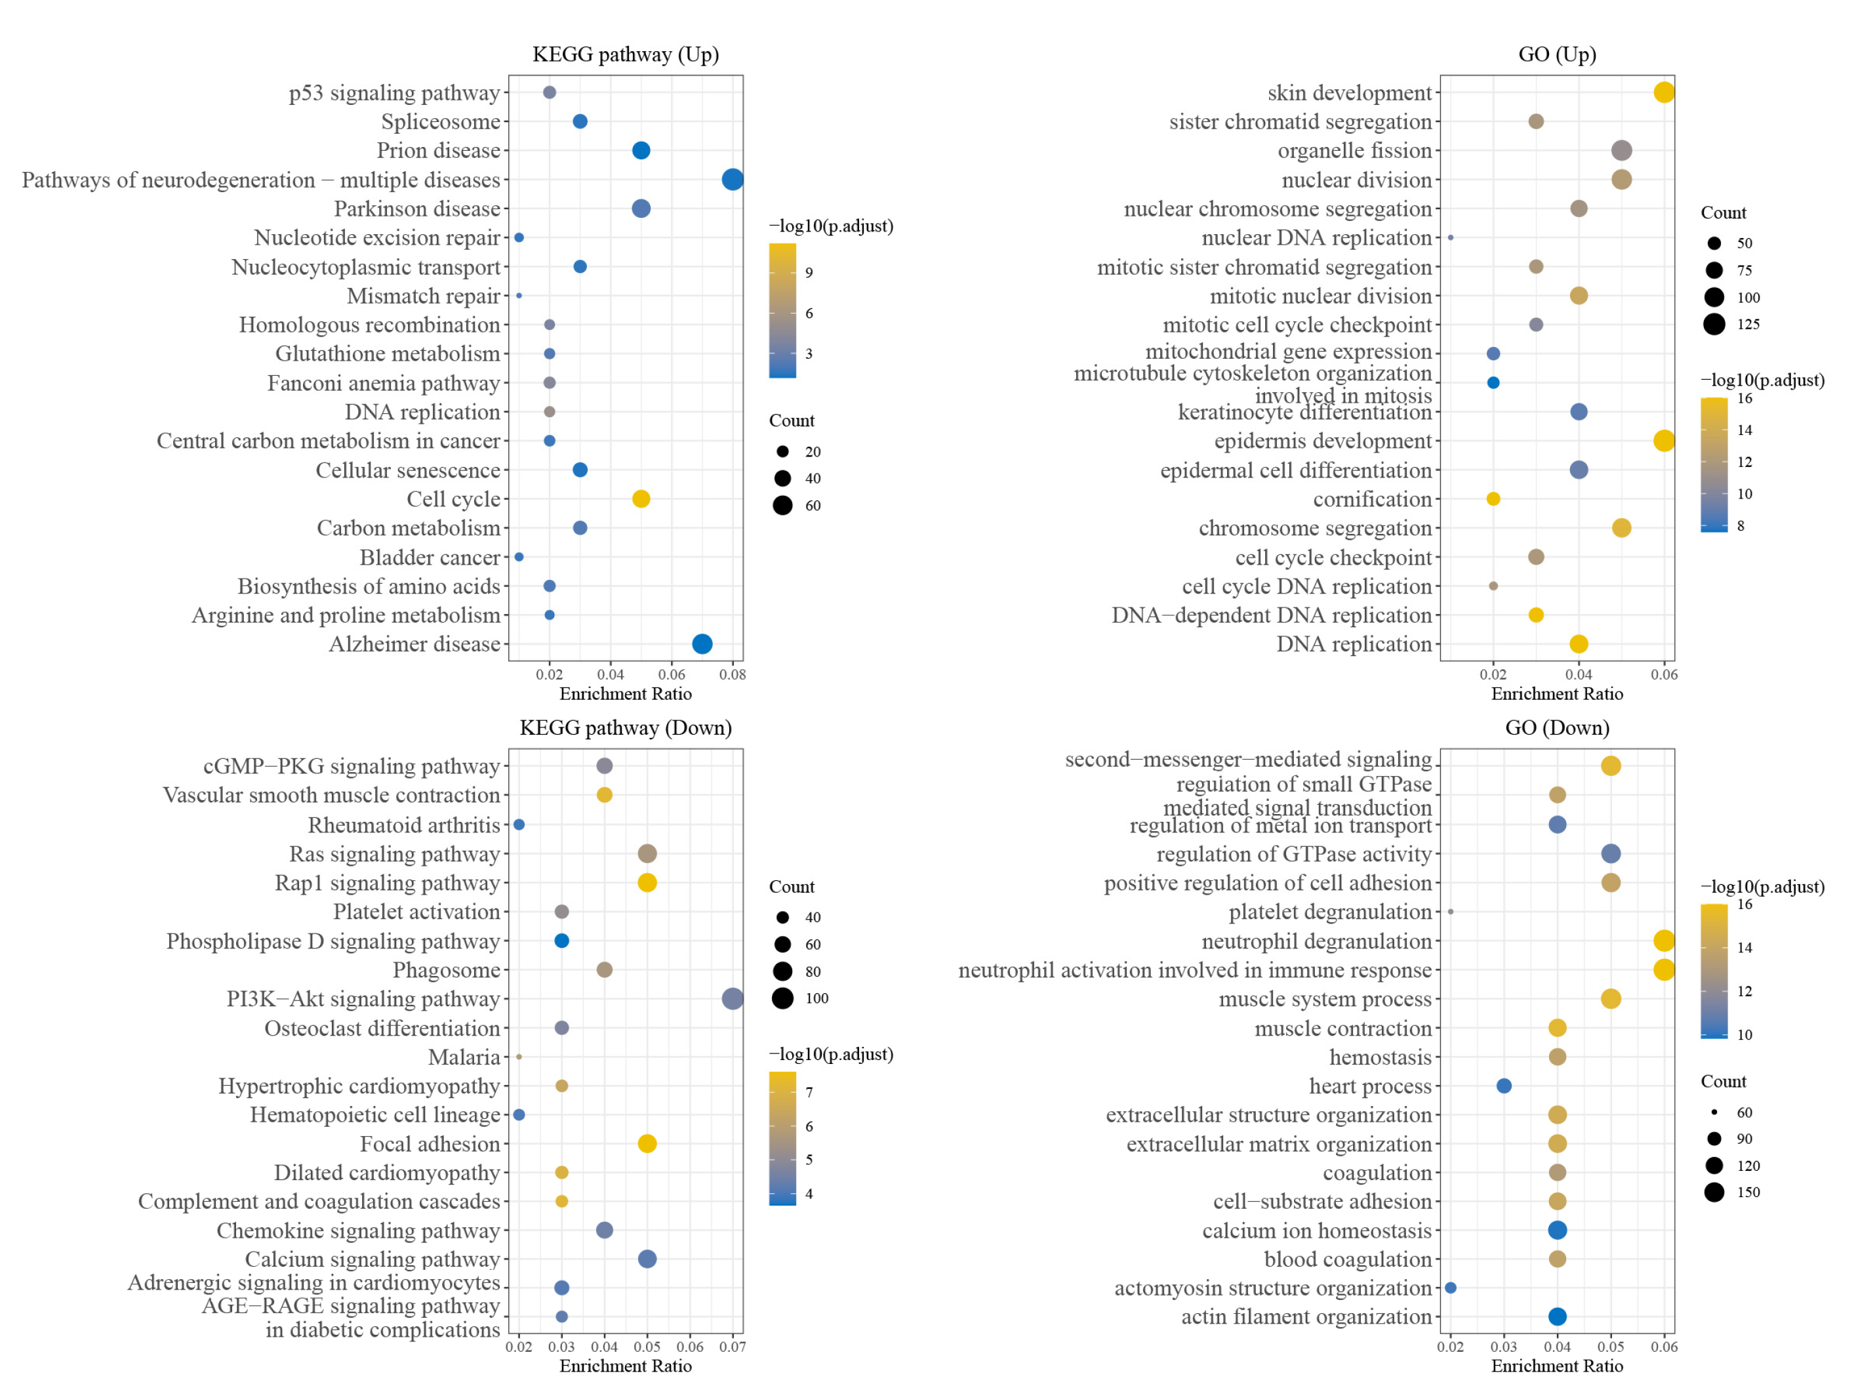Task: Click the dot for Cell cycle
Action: pyautogui.click(x=640, y=499)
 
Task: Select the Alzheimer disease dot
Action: pyautogui.click(x=702, y=643)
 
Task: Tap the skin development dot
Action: pyautogui.click(x=1663, y=92)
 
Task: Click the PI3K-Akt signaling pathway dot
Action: pyautogui.click(x=732, y=998)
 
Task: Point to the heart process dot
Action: pyautogui.click(x=1504, y=1086)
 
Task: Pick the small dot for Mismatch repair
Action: pyautogui.click(x=519, y=295)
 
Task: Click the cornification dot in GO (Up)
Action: pyautogui.click(x=1493, y=499)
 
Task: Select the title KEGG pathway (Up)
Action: pyautogui.click(x=626, y=54)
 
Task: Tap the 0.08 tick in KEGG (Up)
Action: pyautogui.click(x=732, y=674)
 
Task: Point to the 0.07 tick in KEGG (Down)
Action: pyautogui.click(x=732, y=1347)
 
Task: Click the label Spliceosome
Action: pyautogui.click(x=440, y=121)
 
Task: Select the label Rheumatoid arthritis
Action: pyautogui.click(x=403, y=825)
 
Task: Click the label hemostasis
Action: pyautogui.click(x=1380, y=1057)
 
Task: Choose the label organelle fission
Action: pyautogui.click(x=1354, y=151)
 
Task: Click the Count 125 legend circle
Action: pyautogui.click(x=1714, y=324)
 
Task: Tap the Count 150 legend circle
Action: pyautogui.click(x=1714, y=1192)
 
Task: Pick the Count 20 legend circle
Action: pyautogui.click(x=782, y=451)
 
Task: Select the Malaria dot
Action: pyautogui.click(x=519, y=1057)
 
